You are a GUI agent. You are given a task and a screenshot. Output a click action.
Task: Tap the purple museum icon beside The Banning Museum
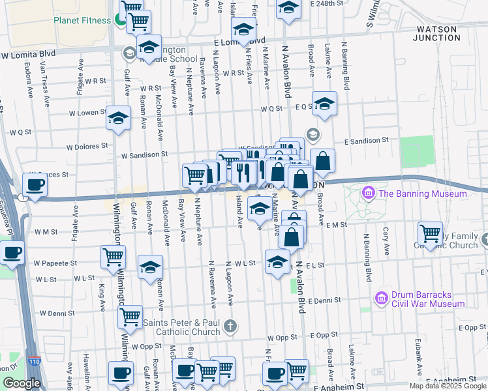point(368,194)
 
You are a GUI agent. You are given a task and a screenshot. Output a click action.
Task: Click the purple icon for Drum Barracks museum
point(382,298)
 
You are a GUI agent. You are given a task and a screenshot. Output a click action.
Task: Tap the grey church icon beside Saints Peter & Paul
point(229,325)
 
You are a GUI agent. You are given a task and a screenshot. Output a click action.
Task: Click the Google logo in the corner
point(21,383)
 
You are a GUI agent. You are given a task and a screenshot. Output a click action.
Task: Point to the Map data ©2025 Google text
point(448,386)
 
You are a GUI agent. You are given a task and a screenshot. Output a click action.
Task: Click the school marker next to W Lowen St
point(118,118)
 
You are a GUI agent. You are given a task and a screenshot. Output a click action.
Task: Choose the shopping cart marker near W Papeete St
point(113,257)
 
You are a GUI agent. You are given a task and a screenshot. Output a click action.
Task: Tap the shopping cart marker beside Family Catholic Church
point(430,233)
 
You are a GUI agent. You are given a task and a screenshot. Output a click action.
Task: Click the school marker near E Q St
point(324,103)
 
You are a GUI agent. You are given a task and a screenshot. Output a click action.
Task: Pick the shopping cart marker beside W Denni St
point(130,317)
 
